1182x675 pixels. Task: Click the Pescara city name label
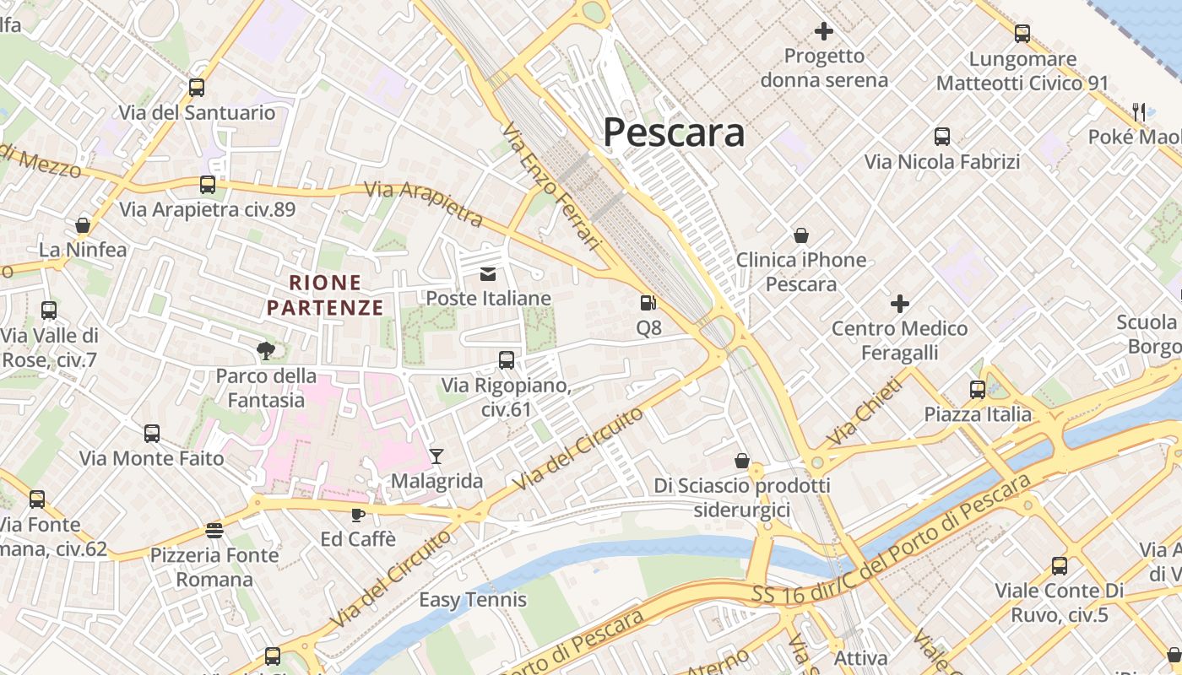[x=674, y=132]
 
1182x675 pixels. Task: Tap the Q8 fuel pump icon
[x=648, y=302]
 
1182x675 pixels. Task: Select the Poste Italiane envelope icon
[x=488, y=273]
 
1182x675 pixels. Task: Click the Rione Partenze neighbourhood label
[x=325, y=294]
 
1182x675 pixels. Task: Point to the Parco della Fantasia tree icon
[x=266, y=350]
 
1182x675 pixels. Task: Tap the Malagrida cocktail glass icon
[x=436, y=456]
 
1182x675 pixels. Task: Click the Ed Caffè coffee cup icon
[x=358, y=514]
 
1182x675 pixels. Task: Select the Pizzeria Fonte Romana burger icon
[x=214, y=531]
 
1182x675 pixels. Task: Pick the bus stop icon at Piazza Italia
[x=977, y=389]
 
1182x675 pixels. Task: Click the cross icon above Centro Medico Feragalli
[x=899, y=303]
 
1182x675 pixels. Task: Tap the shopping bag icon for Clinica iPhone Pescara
[x=800, y=235]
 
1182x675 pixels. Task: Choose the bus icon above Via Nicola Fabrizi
[x=941, y=137]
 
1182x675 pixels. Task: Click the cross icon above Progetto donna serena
[x=823, y=32]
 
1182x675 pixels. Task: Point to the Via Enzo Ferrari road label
[x=550, y=187]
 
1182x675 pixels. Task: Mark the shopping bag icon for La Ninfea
[x=83, y=225]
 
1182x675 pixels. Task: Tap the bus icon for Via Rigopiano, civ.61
[x=507, y=360]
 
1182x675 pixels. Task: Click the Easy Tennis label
[x=473, y=600]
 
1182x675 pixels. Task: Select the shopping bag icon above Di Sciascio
[x=741, y=461]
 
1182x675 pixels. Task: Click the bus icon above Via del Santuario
[x=197, y=87]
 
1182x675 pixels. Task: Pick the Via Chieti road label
[x=865, y=412]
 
